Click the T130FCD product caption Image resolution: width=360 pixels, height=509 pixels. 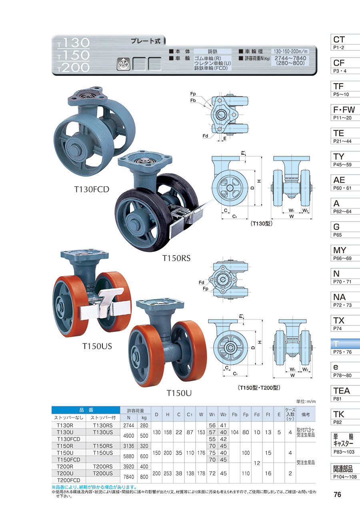tap(92, 189)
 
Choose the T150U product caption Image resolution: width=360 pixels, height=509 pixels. tap(179, 393)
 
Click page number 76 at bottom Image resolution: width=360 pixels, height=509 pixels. tap(337, 495)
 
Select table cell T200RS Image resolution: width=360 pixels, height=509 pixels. tap(103, 467)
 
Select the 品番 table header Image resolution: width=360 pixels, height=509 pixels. tap(86, 409)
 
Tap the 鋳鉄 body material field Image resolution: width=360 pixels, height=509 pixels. tap(212, 51)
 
